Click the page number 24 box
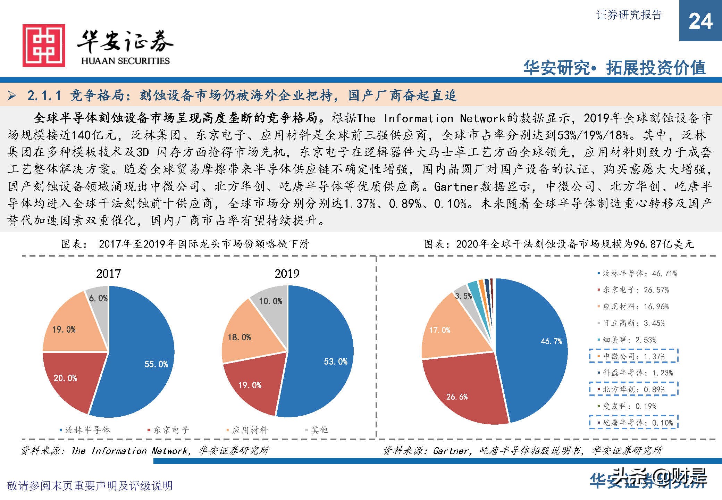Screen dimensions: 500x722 pos(700,21)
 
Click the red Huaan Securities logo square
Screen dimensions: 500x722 pos(44,45)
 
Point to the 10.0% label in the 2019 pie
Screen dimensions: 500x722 pos(270,301)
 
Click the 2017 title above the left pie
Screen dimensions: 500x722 pos(108,274)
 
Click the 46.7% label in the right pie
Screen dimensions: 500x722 pos(551,341)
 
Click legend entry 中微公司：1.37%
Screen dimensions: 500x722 pos(633,356)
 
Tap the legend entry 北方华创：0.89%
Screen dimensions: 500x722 pos(633,389)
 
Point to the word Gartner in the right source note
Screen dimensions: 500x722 pos(451,451)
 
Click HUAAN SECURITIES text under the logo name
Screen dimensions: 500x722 pos(125,61)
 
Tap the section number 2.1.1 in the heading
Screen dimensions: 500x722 pos(44,95)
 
